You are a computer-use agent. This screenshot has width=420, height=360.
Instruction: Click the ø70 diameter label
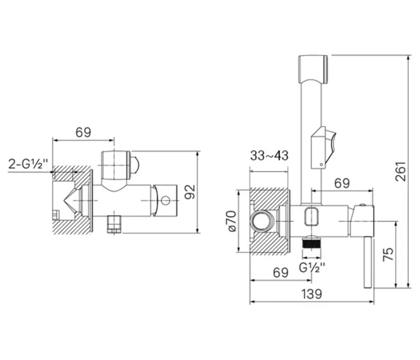point(231,223)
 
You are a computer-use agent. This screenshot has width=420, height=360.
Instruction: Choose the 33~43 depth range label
point(269,156)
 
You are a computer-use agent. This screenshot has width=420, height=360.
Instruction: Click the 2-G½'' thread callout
point(29,163)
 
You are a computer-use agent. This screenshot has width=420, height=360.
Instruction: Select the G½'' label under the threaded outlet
point(312,268)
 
